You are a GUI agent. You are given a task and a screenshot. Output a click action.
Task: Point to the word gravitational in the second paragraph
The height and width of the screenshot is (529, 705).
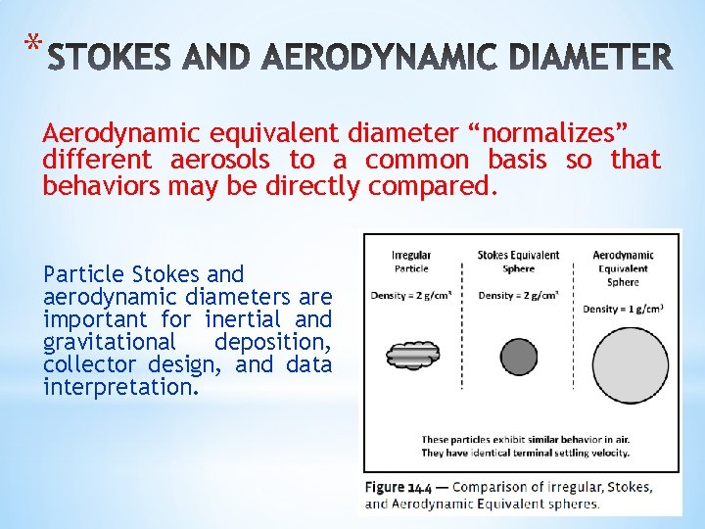click(x=109, y=342)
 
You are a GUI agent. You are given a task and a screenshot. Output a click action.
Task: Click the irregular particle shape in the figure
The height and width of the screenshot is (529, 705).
click(x=413, y=355)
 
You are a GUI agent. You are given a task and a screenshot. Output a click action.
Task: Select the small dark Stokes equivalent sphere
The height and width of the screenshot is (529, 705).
click(x=518, y=356)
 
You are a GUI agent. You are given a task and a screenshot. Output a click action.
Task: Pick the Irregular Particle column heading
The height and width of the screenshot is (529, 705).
click(x=411, y=262)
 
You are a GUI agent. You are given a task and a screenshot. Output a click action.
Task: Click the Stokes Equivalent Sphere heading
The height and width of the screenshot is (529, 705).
click(x=518, y=262)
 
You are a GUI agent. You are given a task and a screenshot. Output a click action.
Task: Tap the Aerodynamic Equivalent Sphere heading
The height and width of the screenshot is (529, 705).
click(x=623, y=268)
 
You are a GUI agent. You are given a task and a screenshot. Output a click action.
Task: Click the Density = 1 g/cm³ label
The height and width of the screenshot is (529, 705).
click(x=623, y=309)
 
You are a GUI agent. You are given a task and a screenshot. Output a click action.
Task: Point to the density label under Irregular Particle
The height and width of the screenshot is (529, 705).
click(x=411, y=295)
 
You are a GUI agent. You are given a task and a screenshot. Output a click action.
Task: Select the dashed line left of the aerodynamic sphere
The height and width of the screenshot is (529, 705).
click(x=573, y=333)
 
